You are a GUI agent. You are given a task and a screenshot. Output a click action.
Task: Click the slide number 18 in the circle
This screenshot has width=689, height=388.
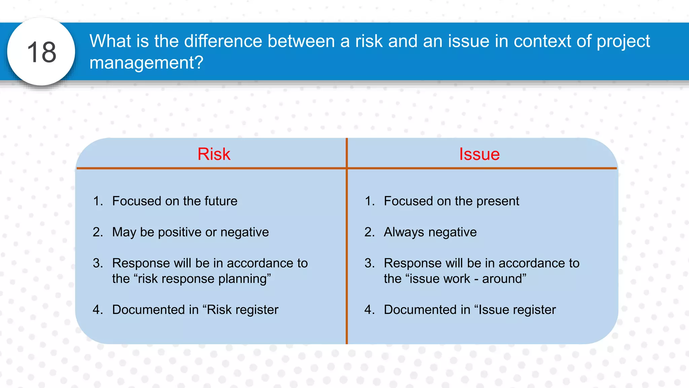click(41, 52)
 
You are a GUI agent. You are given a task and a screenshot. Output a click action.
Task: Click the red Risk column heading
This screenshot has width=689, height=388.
click(214, 154)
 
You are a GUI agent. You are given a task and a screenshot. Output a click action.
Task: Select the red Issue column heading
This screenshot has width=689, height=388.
click(479, 154)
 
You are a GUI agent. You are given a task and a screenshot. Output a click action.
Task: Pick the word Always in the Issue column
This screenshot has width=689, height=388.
click(404, 232)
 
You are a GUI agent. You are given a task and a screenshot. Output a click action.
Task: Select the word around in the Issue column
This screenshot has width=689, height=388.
click(504, 279)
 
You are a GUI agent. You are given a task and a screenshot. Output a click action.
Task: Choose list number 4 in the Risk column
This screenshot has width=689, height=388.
click(98, 310)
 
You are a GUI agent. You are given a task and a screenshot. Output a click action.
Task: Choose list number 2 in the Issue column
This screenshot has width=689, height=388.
click(369, 232)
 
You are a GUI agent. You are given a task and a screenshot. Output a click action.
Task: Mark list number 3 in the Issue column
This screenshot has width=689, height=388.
click(369, 263)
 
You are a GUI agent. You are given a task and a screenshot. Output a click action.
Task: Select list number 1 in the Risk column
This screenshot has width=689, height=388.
click(98, 201)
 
